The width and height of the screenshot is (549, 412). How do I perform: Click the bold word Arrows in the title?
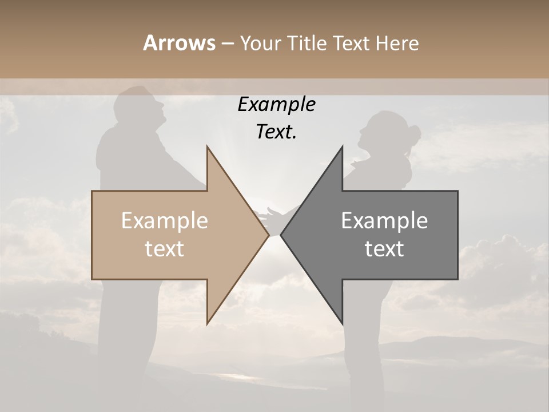pos(179,43)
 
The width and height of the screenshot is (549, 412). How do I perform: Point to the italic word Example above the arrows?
pos(276,105)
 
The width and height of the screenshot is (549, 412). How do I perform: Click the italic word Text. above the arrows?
pos(276,132)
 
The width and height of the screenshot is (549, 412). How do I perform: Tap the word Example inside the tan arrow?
pos(165,221)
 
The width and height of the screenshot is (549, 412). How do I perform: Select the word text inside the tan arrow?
pos(165,249)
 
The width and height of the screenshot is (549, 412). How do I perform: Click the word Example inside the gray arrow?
pos(384,221)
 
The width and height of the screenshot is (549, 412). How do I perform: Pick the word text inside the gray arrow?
pos(384,249)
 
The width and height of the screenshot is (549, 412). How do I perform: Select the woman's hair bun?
pos(412,133)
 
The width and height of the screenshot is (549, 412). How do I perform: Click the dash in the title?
pos(227,43)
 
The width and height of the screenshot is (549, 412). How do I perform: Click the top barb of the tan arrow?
pos(208,150)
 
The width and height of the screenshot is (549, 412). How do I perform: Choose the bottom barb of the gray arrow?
pos(341,320)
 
